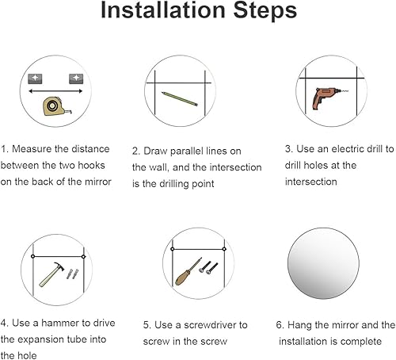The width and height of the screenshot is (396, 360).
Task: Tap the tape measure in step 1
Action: click(56, 106)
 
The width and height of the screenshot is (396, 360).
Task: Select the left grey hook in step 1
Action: click(35, 79)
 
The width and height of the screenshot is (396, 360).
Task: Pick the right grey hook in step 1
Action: click(76, 79)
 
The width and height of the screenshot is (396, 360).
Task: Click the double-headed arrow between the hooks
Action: click(55, 91)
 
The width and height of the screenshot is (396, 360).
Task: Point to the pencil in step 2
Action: click(180, 99)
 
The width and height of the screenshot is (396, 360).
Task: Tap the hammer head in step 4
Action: click(59, 266)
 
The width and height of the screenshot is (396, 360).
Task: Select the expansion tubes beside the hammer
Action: click(72, 274)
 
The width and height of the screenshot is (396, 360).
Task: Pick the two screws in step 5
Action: click(208, 267)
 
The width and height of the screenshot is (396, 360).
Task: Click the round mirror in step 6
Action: click(323, 263)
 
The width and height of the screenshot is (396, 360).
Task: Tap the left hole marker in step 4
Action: click(33, 256)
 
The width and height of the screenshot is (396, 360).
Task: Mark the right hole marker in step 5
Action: click(224, 249)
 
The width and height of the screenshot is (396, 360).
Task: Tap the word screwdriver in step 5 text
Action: click(207, 325)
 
